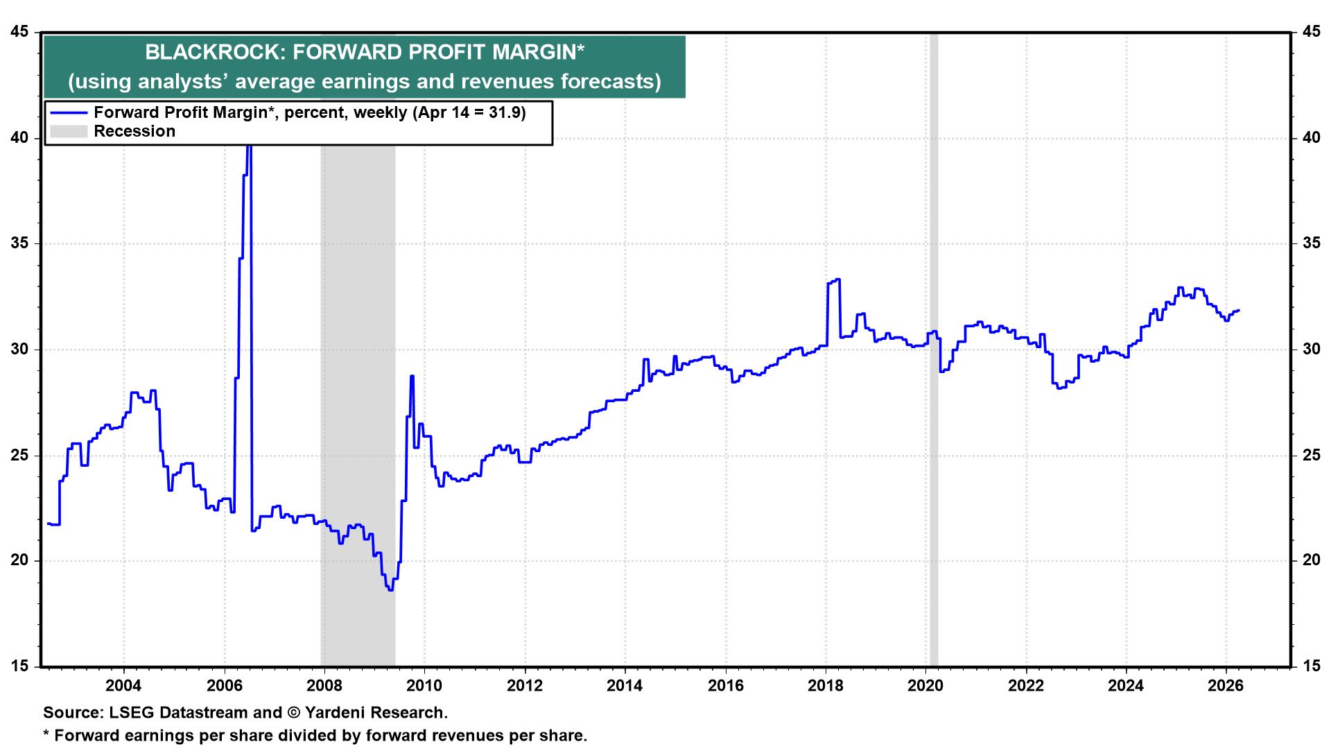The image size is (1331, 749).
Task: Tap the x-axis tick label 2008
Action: coord(324,685)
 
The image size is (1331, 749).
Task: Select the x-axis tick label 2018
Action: coord(826,685)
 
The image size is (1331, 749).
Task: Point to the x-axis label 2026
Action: coord(1226,685)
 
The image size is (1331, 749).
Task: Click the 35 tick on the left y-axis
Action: coord(21,243)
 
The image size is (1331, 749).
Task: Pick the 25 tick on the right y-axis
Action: coord(1310,456)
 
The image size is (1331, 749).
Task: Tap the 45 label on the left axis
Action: coord(21,32)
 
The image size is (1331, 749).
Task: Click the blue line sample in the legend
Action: coord(68,113)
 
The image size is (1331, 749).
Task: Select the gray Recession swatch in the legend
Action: coord(68,131)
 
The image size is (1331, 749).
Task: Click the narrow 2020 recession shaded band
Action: coord(933,347)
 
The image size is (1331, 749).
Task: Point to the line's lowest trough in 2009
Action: coord(391,589)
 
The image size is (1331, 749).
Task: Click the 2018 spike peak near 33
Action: coord(838,279)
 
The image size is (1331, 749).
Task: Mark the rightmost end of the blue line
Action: coord(1239,310)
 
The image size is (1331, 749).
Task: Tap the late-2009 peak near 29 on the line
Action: coord(412,376)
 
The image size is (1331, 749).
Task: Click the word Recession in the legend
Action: coord(134,131)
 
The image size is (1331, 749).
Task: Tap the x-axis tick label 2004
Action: coord(123,685)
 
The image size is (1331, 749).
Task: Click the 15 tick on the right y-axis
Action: coord(1310,666)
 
